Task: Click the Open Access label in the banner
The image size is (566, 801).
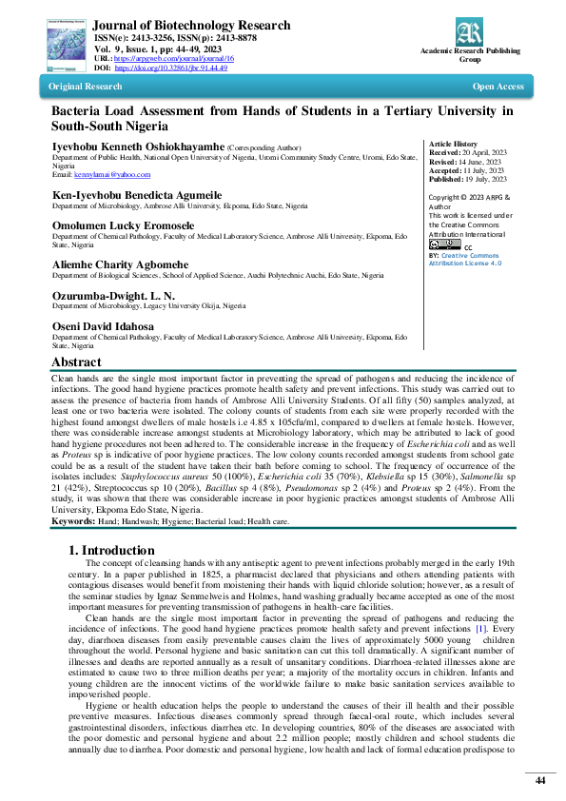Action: tap(498, 87)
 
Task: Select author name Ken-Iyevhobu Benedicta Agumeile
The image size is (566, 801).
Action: tap(136, 193)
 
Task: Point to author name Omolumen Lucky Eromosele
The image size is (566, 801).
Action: tap(123, 225)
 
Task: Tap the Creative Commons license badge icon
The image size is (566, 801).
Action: tap(443, 244)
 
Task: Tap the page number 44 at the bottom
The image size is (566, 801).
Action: tap(539, 780)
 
